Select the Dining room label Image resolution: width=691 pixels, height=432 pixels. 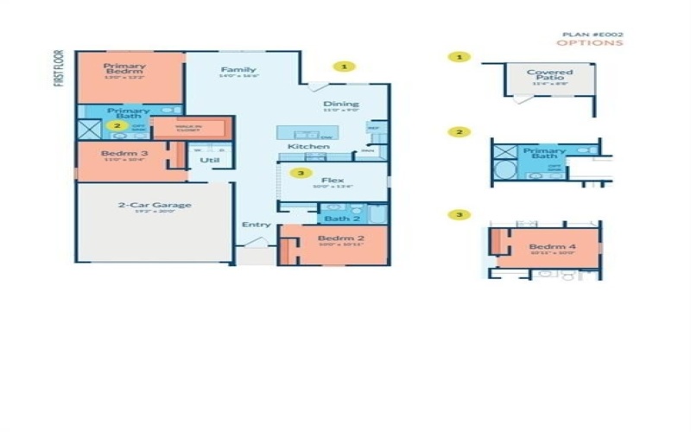click(340, 105)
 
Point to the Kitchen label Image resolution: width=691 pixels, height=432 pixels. click(308, 147)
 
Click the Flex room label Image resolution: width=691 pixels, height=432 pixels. click(333, 181)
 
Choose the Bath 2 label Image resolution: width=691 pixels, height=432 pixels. click(336, 219)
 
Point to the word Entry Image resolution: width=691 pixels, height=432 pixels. click(257, 225)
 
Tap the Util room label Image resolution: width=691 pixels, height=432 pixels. click(209, 160)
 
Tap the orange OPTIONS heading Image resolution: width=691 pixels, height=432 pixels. click(590, 43)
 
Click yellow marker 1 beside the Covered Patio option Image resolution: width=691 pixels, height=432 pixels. click(460, 57)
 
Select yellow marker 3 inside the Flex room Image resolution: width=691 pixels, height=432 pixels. click(300, 173)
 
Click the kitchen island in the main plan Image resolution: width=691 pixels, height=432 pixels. click(305, 134)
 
